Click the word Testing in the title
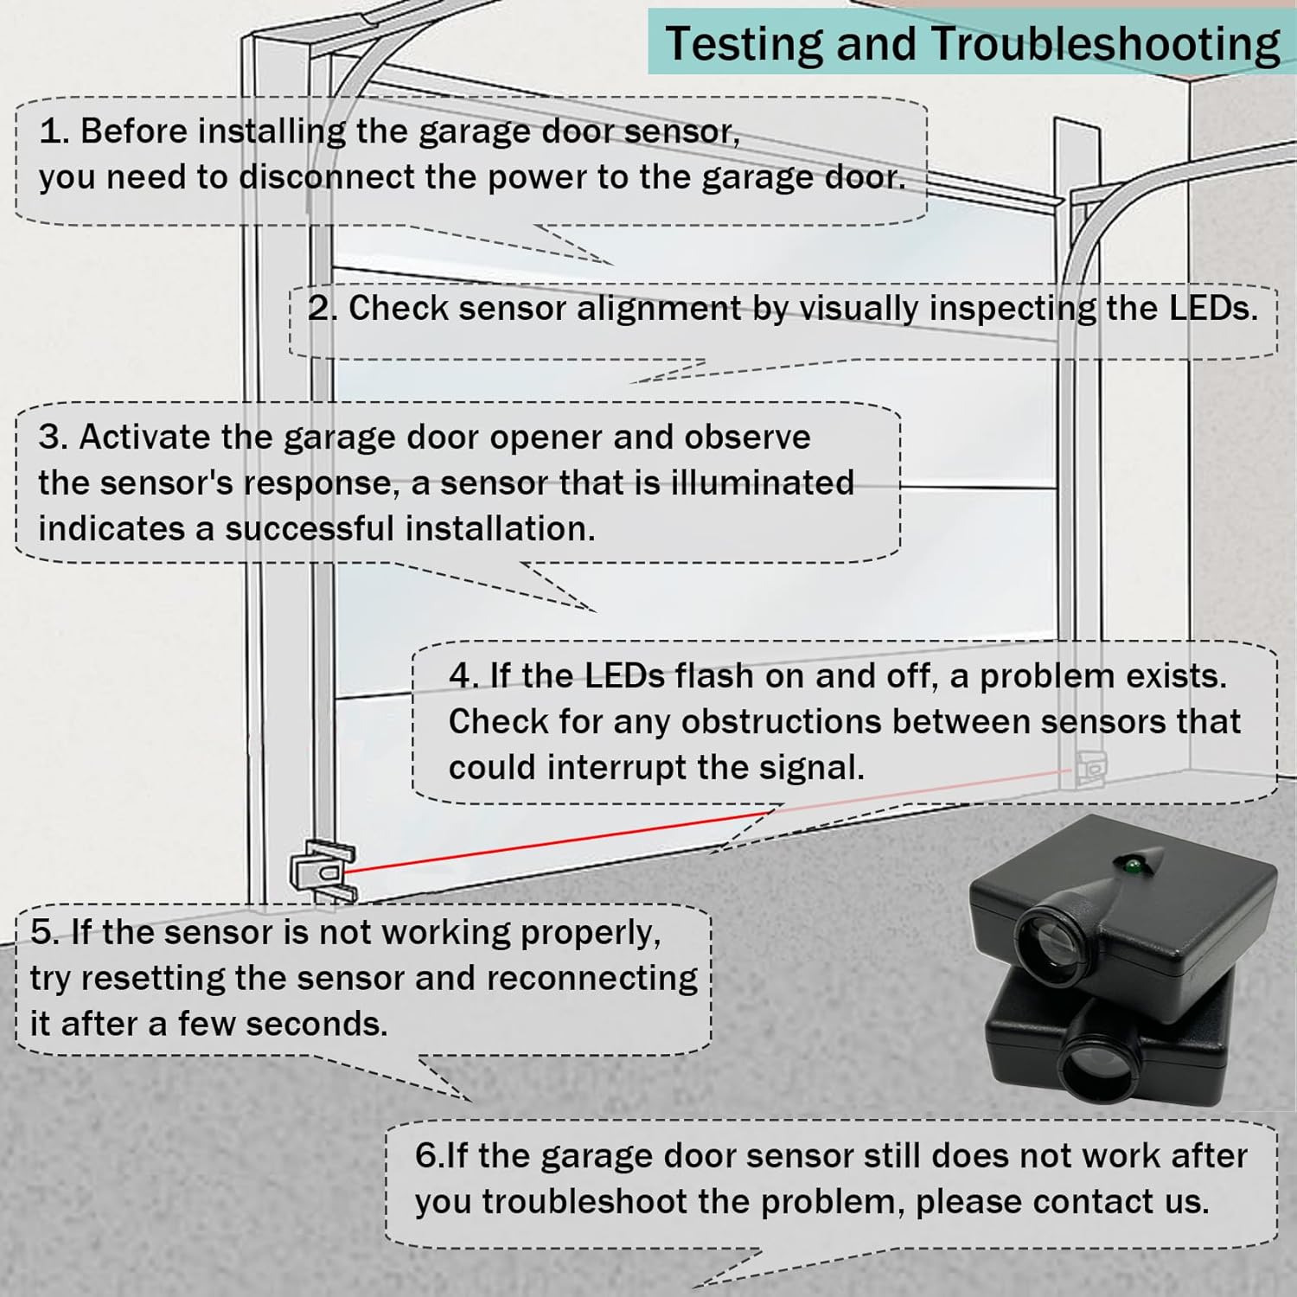(744, 45)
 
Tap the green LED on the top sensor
(1128, 863)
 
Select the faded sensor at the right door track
(1089, 768)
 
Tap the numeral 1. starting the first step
(54, 132)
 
